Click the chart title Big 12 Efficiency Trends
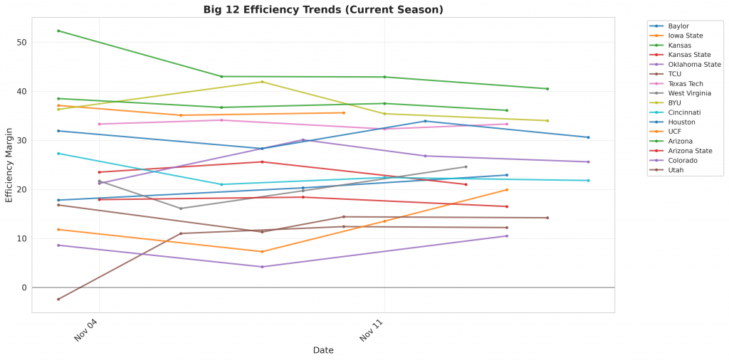point(313,9)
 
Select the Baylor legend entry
point(678,26)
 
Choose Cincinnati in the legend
point(684,112)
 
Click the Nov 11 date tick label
point(371,330)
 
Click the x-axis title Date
point(323,350)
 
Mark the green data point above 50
point(58,31)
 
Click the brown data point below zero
point(58,300)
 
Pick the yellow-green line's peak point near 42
point(262,82)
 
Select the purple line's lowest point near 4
point(262,267)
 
